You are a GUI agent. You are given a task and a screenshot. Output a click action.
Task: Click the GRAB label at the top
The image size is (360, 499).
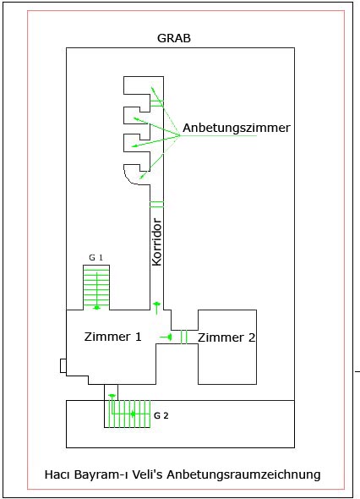coord(174,38)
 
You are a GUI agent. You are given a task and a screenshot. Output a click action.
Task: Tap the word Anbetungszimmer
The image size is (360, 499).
coord(237,128)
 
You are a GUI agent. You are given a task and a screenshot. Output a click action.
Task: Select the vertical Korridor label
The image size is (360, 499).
coord(157,242)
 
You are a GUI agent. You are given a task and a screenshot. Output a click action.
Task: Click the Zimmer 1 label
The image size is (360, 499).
coord(112,337)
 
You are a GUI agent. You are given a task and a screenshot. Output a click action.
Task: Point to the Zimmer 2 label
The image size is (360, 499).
coord(226,337)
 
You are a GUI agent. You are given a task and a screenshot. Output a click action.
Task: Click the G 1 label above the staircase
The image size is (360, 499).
coord(95,257)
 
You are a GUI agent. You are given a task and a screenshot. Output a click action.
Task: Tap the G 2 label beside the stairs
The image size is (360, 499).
coord(161,415)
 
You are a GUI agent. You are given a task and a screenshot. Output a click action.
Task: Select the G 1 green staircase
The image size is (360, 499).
coord(96,288)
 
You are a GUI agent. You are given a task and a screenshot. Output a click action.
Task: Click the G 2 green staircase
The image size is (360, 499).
coord(128,414)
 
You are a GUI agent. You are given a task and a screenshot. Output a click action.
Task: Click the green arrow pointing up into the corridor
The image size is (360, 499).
coord(156,308)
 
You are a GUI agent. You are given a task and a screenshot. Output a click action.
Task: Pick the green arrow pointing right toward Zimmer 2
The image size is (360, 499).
coord(166,337)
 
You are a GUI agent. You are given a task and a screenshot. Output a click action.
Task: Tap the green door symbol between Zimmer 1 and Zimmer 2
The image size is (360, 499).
coord(184,337)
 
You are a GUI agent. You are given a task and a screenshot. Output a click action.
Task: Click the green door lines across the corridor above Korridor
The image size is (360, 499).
coord(157,205)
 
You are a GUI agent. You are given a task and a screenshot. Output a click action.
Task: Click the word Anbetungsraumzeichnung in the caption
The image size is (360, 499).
coord(243,474)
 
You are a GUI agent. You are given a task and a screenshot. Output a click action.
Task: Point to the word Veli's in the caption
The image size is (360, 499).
coord(148,474)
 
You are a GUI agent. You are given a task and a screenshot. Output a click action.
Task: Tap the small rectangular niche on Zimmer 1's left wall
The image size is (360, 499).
coord(63,365)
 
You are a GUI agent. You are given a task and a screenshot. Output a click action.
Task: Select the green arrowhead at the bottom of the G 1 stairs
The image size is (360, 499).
coord(96,307)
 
